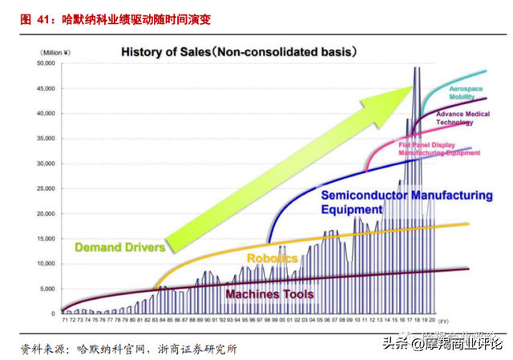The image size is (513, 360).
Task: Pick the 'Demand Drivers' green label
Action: tap(119, 247)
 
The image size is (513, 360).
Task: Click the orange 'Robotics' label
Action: tap(272, 259)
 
